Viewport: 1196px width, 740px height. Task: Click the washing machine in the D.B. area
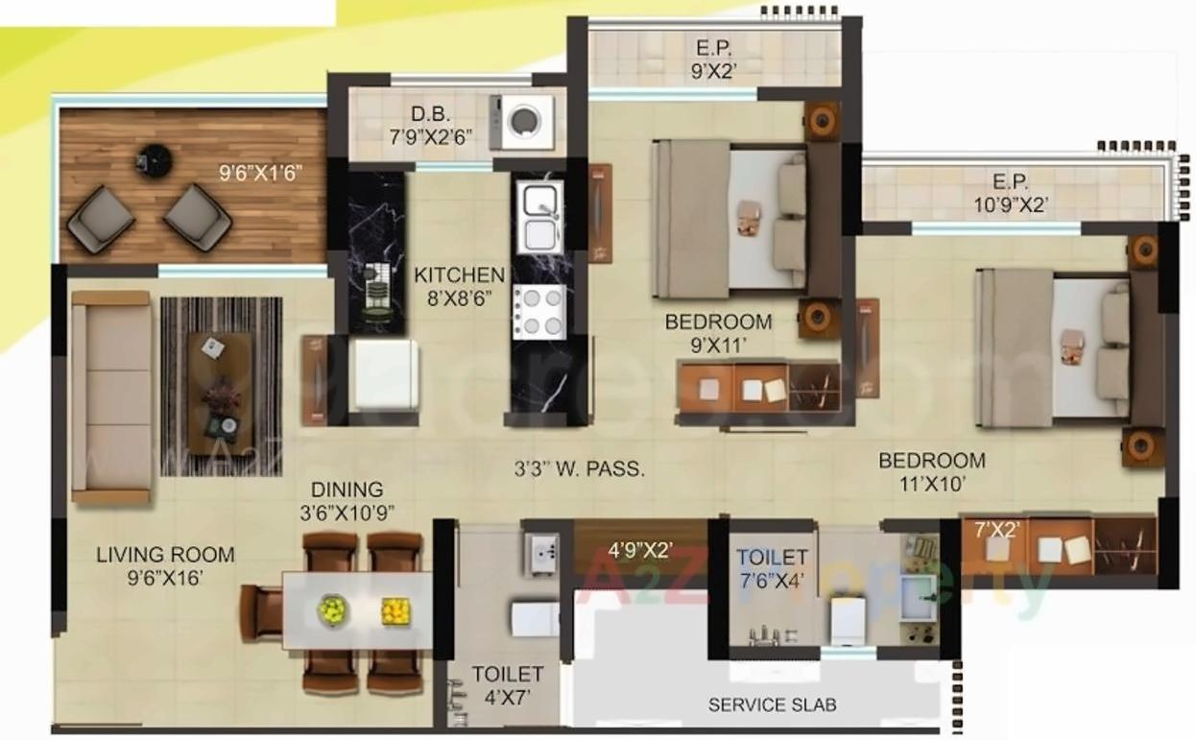(522, 121)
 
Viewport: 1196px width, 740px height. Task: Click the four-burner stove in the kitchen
(539, 311)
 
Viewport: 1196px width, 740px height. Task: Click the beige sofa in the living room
(110, 396)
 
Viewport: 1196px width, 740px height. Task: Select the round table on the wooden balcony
(154, 160)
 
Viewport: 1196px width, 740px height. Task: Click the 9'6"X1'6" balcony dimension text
(261, 173)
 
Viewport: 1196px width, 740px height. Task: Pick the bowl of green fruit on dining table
(331, 609)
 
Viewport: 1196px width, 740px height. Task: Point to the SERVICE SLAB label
(772, 704)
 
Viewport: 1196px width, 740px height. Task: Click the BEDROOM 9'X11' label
(718, 330)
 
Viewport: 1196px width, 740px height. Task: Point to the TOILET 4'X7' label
(507, 685)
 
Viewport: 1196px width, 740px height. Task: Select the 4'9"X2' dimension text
(640, 551)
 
